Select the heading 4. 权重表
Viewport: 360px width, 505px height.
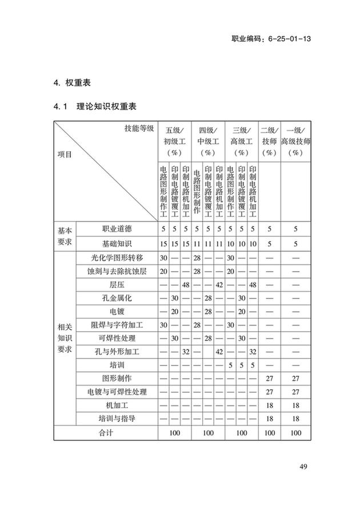(x=72, y=82)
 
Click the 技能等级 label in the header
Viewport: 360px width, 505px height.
(x=139, y=128)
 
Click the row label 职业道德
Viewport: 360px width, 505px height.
(x=117, y=229)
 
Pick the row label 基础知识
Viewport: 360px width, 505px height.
(x=117, y=244)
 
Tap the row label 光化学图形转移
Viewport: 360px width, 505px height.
(x=117, y=258)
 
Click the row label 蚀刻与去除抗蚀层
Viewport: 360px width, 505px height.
(x=117, y=271)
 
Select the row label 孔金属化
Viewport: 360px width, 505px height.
(x=117, y=298)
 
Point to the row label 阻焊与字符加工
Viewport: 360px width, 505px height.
(x=117, y=325)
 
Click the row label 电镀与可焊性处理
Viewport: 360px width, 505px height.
(x=117, y=392)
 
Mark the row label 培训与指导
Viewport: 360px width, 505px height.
(x=117, y=419)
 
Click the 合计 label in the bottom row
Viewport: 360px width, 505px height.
(x=106, y=433)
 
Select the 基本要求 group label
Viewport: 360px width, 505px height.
(x=65, y=236)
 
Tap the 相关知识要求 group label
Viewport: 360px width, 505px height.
(x=65, y=338)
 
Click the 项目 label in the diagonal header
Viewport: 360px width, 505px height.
(x=65, y=154)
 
